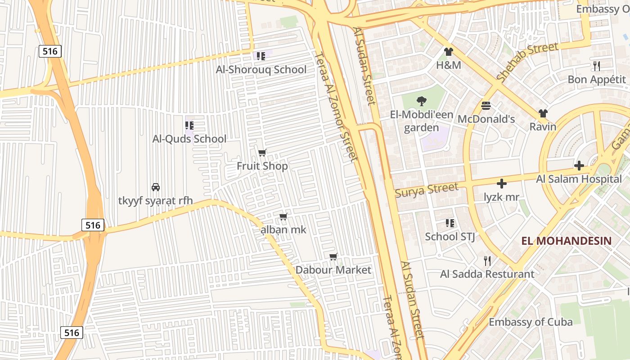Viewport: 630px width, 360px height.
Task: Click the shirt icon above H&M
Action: point(448,52)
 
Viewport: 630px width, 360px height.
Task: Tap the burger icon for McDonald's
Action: point(486,106)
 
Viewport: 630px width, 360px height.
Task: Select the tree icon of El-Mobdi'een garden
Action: point(422,101)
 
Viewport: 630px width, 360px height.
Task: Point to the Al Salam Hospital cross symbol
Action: point(579,166)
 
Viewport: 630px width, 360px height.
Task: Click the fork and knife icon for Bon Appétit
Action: point(597,66)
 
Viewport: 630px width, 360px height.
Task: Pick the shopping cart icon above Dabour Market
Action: point(333,256)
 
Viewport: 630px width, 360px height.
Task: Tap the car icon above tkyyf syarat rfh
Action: point(156,187)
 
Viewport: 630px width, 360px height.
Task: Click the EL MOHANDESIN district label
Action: point(567,241)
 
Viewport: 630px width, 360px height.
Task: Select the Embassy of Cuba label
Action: point(531,322)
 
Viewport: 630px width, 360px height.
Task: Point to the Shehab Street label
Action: point(527,63)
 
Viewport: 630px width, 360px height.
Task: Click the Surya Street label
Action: point(426,190)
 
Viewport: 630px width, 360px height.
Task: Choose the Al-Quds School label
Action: point(189,139)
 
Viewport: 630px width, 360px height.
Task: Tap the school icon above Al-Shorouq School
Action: point(261,56)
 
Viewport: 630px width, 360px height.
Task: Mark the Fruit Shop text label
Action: point(262,166)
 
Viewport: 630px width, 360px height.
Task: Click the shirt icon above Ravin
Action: point(543,113)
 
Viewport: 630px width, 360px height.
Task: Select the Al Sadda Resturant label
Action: point(487,274)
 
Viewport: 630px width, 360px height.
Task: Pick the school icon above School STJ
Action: point(450,223)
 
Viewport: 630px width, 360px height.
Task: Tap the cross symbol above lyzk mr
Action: point(502,184)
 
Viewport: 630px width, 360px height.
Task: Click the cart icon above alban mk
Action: point(283,216)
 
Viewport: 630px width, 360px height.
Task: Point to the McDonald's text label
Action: point(486,119)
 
